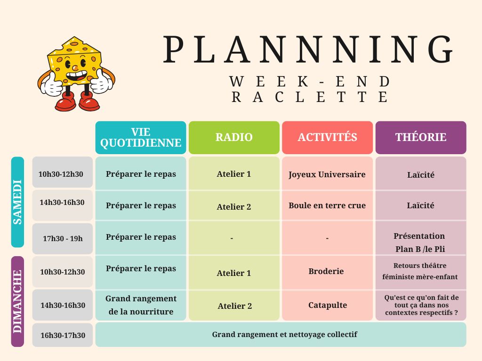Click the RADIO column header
[x=234, y=137]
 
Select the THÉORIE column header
[x=421, y=137]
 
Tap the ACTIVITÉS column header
[x=328, y=137]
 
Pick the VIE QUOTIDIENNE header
[x=141, y=137]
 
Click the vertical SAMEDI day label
[x=17, y=202]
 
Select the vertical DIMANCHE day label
[x=17, y=301]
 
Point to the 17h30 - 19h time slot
[x=63, y=238]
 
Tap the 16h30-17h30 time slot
[x=63, y=335]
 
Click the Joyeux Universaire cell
[x=328, y=174]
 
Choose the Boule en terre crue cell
[x=328, y=205]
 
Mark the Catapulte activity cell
[x=328, y=305]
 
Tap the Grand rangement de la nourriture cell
[x=141, y=305]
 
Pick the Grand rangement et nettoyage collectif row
[x=281, y=335]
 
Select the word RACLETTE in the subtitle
[x=310, y=97]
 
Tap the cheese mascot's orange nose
[x=74, y=68]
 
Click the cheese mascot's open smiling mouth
[x=77, y=76]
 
